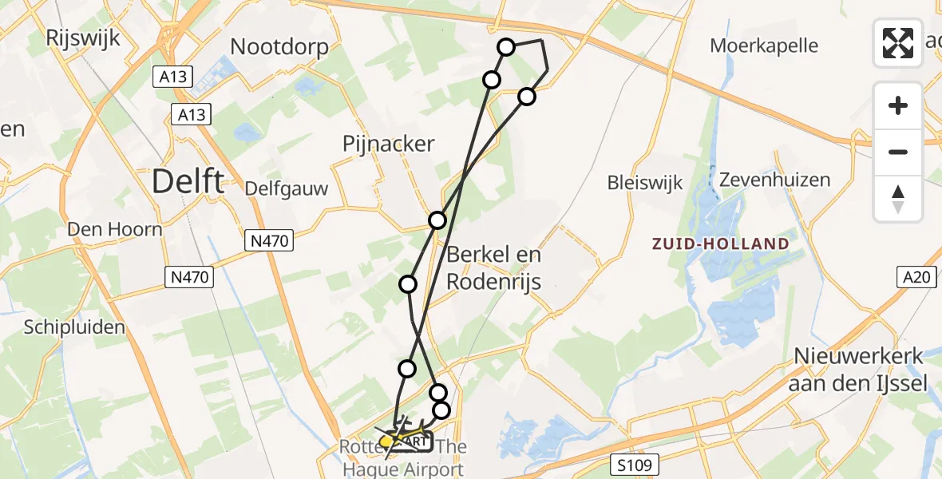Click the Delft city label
tap(188, 182)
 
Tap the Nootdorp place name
tap(279, 47)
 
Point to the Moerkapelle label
tap(764, 46)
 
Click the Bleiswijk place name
tap(645, 183)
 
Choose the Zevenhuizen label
tap(775, 180)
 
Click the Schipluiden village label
tap(74, 327)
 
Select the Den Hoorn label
tap(115, 229)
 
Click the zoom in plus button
tap(898, 105)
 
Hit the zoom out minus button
tap(898, 152)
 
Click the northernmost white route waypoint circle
tap(506, 47)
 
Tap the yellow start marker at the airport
tap(386, 441)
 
